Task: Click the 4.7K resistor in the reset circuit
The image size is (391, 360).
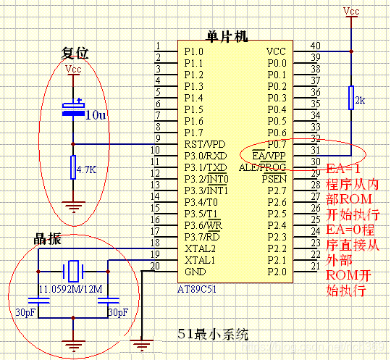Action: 72,169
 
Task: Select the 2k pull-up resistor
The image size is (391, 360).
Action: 351,98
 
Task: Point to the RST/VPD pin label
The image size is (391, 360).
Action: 204,144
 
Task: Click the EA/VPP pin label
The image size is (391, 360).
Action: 269,155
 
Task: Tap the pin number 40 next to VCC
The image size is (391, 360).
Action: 315,46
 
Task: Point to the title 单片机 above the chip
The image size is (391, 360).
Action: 227,36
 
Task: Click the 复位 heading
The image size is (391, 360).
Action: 75,54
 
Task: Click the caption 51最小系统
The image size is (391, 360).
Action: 212,335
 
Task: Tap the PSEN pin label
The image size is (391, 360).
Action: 274,178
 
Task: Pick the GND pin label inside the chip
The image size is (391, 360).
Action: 195,271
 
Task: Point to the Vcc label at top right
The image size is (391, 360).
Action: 351,11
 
